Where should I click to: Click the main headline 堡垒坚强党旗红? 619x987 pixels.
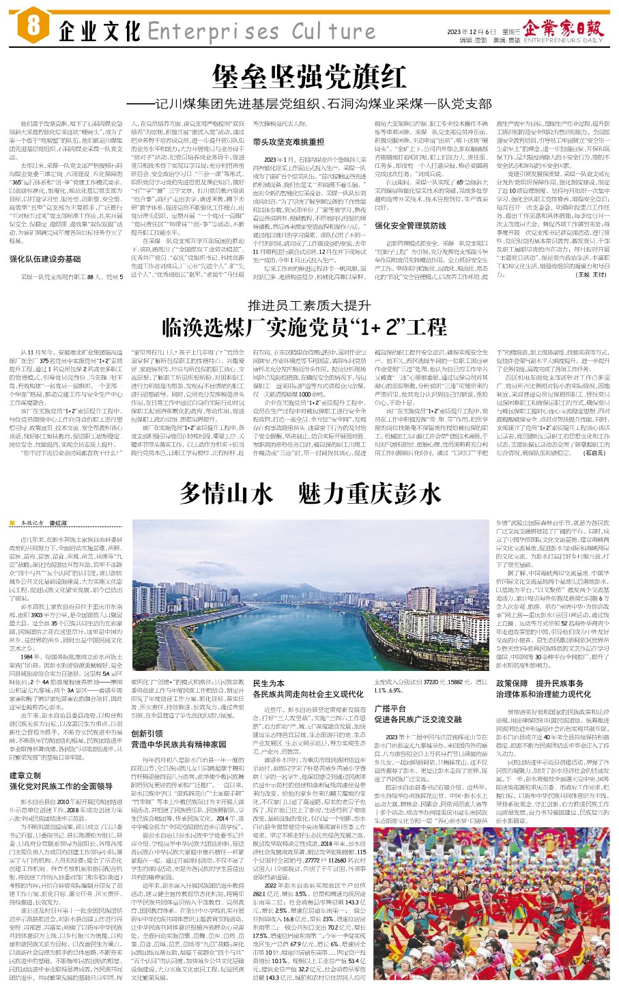point(308,77)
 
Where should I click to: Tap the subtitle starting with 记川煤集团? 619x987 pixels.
point(308,104)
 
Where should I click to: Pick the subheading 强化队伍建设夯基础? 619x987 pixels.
point(45,259)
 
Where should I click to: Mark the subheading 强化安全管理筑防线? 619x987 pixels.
point(410,225)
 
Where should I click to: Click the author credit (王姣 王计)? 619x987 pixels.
point(591,274)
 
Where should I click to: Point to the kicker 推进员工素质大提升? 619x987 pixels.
point(308,304)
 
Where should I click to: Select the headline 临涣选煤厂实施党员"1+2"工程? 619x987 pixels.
point(308,326)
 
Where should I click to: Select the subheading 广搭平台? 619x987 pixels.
point(390,709)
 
